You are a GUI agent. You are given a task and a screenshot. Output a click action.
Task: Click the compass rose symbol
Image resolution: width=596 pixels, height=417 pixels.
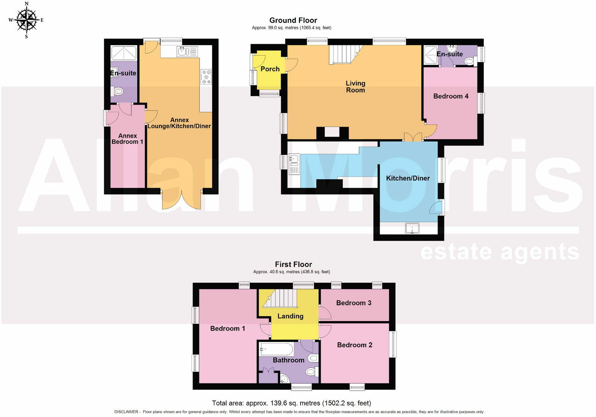point(26,20)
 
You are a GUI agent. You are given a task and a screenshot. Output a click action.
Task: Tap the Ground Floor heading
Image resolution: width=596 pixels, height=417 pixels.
point(293,21)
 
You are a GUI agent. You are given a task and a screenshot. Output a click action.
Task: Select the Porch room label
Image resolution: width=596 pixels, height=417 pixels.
point(270,69)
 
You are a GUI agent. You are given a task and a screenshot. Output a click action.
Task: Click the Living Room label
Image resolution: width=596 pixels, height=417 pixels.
point(355,86)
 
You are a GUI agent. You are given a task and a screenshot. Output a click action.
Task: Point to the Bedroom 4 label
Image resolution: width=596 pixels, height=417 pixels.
point(451,96)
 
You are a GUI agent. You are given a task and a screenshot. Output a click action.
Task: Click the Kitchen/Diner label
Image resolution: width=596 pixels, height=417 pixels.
point(408,178)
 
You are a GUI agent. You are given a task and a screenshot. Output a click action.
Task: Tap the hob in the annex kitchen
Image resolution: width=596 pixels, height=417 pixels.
point(206,77)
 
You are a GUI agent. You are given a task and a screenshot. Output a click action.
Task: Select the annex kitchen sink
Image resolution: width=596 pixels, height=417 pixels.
point(182,51)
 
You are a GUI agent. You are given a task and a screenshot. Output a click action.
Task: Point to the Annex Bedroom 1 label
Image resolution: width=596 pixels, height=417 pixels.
point(127,139)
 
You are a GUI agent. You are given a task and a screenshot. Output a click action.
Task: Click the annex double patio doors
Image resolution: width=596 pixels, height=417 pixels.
point(181,199)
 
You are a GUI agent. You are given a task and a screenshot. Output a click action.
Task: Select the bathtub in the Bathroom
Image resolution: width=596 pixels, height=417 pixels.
point(276,349)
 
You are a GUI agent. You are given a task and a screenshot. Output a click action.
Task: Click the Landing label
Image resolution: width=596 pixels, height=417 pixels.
point(290,316)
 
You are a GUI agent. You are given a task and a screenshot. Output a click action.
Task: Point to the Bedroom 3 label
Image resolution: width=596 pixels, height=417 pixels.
point(353,303)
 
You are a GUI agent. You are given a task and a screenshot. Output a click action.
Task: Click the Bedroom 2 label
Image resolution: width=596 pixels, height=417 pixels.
point(354,345)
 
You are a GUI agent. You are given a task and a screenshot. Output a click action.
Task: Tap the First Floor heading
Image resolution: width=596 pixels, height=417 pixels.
point(293,264)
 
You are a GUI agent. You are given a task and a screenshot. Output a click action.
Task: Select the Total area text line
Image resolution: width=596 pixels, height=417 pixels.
point(291,403)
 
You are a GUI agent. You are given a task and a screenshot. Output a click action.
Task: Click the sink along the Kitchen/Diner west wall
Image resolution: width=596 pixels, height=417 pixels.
point(294,164)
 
